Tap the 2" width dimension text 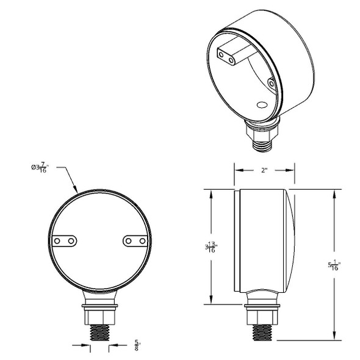pos(264,171)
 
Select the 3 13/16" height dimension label pos(212,247)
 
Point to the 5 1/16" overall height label pos(334,265)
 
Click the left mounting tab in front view pos(64,242)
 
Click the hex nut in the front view pos(99,316)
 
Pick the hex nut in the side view pos(263,316)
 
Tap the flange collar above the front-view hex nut pos(99,303)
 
